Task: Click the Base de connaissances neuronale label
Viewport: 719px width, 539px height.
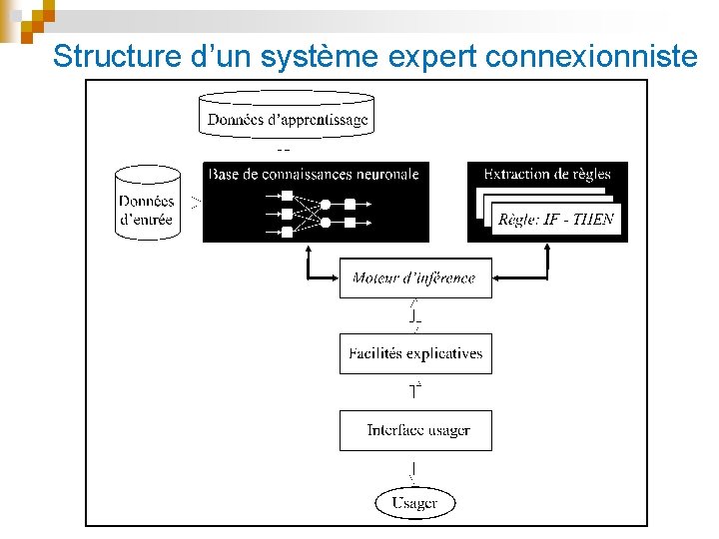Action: [314, 174]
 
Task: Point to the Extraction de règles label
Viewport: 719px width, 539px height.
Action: [546, 174]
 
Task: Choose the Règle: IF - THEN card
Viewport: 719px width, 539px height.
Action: [555, 220]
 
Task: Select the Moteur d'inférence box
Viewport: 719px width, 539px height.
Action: [414, 277]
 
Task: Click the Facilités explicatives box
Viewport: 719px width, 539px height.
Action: [415, 353]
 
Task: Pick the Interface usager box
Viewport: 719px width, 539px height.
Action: [415, 430]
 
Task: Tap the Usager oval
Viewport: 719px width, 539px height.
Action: [414, 502]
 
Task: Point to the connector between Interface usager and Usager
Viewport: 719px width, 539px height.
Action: [413, 469]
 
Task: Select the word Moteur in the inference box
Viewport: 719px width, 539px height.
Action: [374, 277]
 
